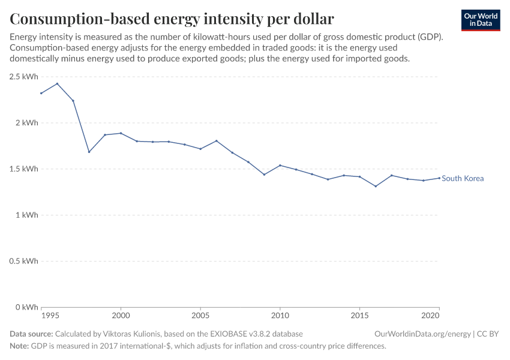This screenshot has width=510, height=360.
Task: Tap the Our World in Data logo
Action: (x=480, y=20)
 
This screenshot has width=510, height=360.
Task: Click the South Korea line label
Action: (x=463, y=178)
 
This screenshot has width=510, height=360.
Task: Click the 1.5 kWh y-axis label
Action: (x=24, y=169)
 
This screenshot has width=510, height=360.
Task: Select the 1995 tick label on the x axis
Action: (x=50, y=315)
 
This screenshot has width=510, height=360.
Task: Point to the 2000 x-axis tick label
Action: (x=121, y=315)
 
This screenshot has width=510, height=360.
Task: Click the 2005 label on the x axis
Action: (x=200, y=315)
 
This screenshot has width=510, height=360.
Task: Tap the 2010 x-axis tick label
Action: (x=280, y=315)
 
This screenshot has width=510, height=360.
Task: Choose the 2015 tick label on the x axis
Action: (x=359, y=315)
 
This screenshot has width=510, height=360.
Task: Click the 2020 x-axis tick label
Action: (x=431, y=315)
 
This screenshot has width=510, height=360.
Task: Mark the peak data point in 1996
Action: (x=57, y=83)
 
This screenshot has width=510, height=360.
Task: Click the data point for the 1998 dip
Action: (x=89, y=152)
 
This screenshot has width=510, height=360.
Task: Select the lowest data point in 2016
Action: (x=376, y=186)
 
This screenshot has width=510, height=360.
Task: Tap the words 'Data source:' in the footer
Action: (x=31, y=334)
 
